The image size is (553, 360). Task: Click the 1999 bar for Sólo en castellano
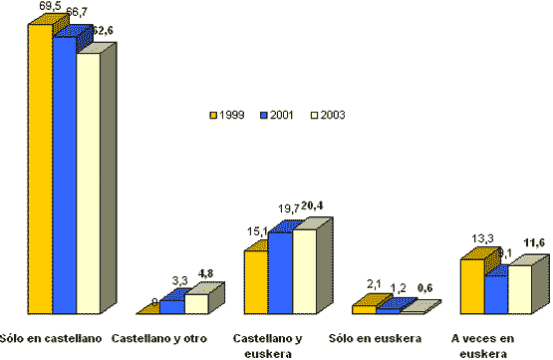(x=40, y=170)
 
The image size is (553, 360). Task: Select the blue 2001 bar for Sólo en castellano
(x=64, y=175)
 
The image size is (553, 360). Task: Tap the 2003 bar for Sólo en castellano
(x=89, y=184)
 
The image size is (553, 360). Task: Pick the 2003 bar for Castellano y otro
(x=196, y=303)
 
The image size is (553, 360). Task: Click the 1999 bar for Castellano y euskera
(x=256, y=282)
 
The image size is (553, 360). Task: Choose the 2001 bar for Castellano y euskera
(x=280, y=272)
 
